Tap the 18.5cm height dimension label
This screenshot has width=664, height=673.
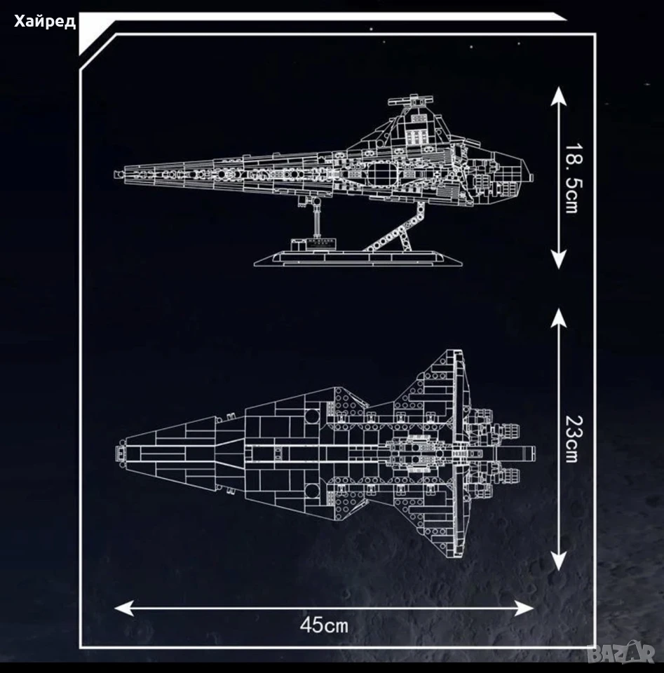(574, 177)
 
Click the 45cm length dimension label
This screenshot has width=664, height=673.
(324, 625)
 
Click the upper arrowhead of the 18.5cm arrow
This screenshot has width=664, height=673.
(558, 96)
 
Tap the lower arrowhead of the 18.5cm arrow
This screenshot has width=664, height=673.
(558, 259)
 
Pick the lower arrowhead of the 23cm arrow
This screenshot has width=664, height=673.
(558, 561)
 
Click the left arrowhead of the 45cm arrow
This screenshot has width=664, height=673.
(125, 608)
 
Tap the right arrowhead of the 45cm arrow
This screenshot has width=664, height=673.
(524, 608)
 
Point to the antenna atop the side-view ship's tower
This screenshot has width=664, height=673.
(409, 101)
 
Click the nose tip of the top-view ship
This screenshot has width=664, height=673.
(119, 454)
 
